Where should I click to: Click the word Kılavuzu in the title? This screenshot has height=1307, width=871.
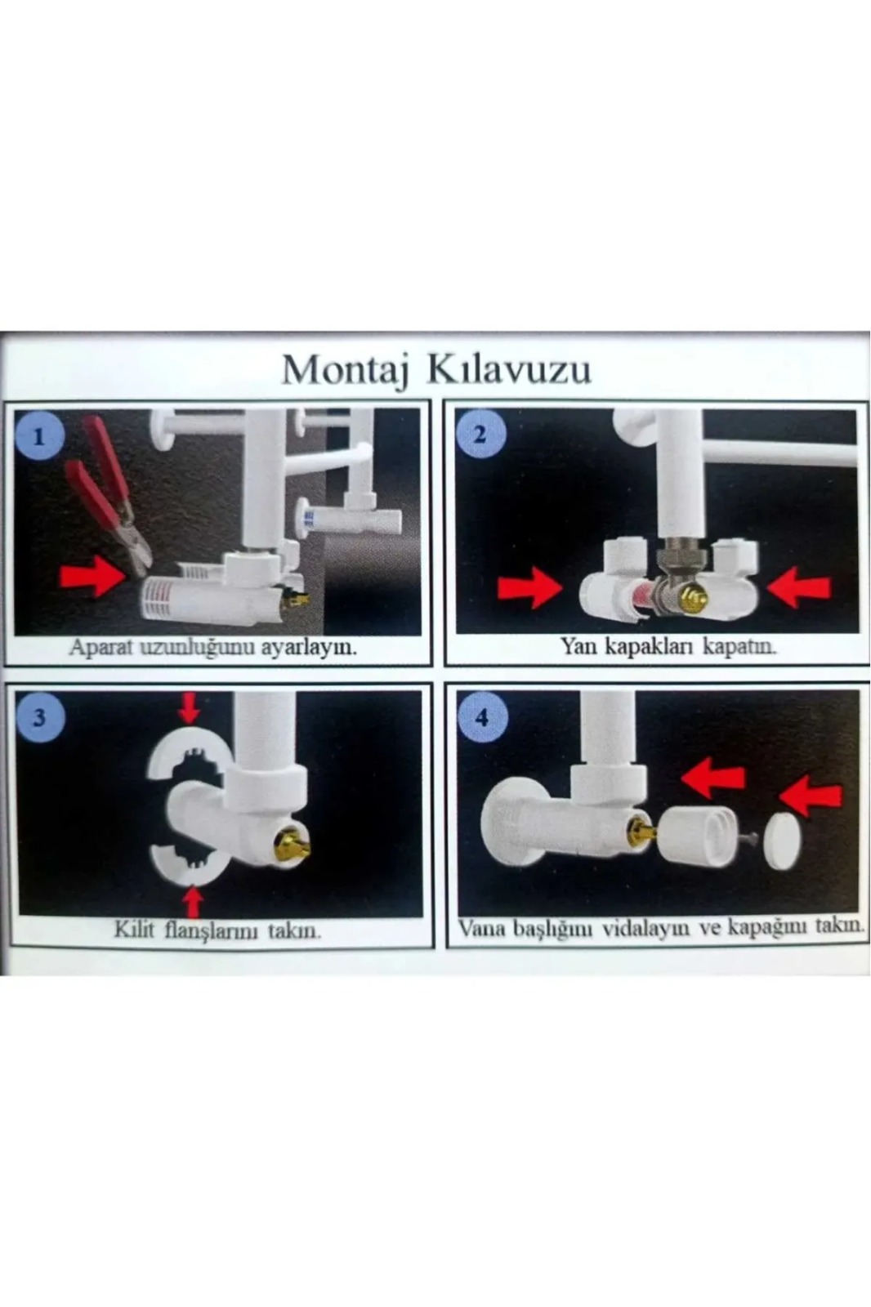coord(510,369)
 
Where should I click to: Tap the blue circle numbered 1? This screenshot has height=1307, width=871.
coord(39,436)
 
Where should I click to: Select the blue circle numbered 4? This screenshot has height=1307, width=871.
coord(482,718)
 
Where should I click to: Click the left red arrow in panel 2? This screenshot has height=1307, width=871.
coord(529,588)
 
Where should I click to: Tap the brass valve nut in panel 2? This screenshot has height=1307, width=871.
coord(693,599)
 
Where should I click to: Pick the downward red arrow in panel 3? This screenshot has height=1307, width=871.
coord(189,707)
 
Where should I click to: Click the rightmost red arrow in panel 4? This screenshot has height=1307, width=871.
coord(811,796)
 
